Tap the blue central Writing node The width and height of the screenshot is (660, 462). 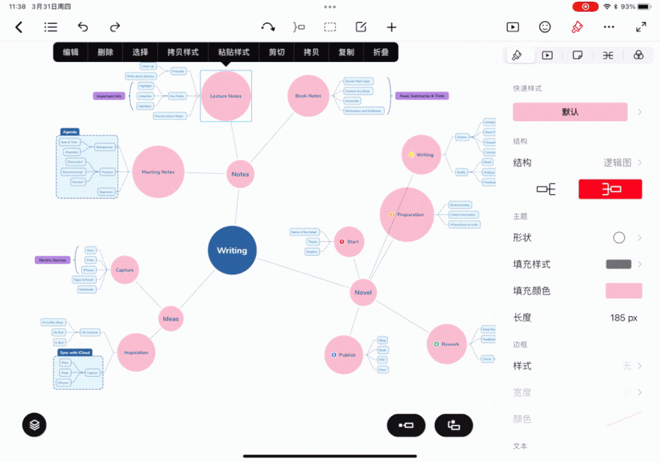tap(232, 250)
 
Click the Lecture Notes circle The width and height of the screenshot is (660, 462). tap(226, 96)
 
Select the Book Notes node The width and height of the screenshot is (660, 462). tap(308, 96)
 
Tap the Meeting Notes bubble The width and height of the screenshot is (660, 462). tap(159, 172)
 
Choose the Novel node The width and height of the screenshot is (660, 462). tap(363, 292)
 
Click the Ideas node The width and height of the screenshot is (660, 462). tap(171, 319)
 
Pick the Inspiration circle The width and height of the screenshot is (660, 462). tap(136, 353)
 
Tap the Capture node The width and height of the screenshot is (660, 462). tap(125, 270)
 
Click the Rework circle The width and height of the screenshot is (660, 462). tap(447, 344)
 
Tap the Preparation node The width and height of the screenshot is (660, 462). tap(407, 215)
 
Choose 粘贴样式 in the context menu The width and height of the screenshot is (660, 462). tap(233, 52)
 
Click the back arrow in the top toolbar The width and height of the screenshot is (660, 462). tap(19, 27)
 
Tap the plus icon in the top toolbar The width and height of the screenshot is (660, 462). tap(391, 27)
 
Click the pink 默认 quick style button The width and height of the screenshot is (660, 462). tap(570, 112)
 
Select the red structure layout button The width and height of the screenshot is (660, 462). tap(610, 189)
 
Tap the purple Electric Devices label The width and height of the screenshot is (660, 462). tap(52, 260)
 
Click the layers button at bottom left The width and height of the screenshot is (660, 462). tap(34, 425)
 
